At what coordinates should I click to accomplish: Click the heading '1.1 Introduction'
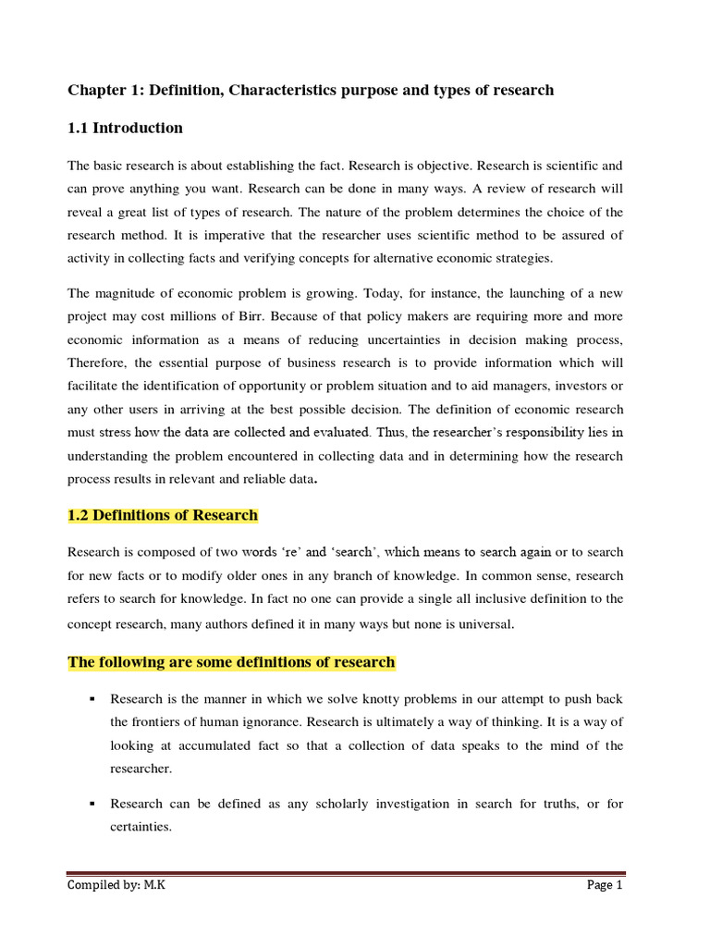pos(125,128)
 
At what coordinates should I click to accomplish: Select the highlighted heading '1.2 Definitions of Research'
pos(163,515)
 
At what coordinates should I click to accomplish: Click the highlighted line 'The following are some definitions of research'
pos(231,662)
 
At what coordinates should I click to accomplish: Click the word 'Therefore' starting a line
pos(97,363)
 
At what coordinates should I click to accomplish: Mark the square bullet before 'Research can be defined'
pos(93,804)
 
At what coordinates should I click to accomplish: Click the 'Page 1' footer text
pos(606,885)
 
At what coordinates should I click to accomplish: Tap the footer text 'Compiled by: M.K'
pos(116,885)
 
